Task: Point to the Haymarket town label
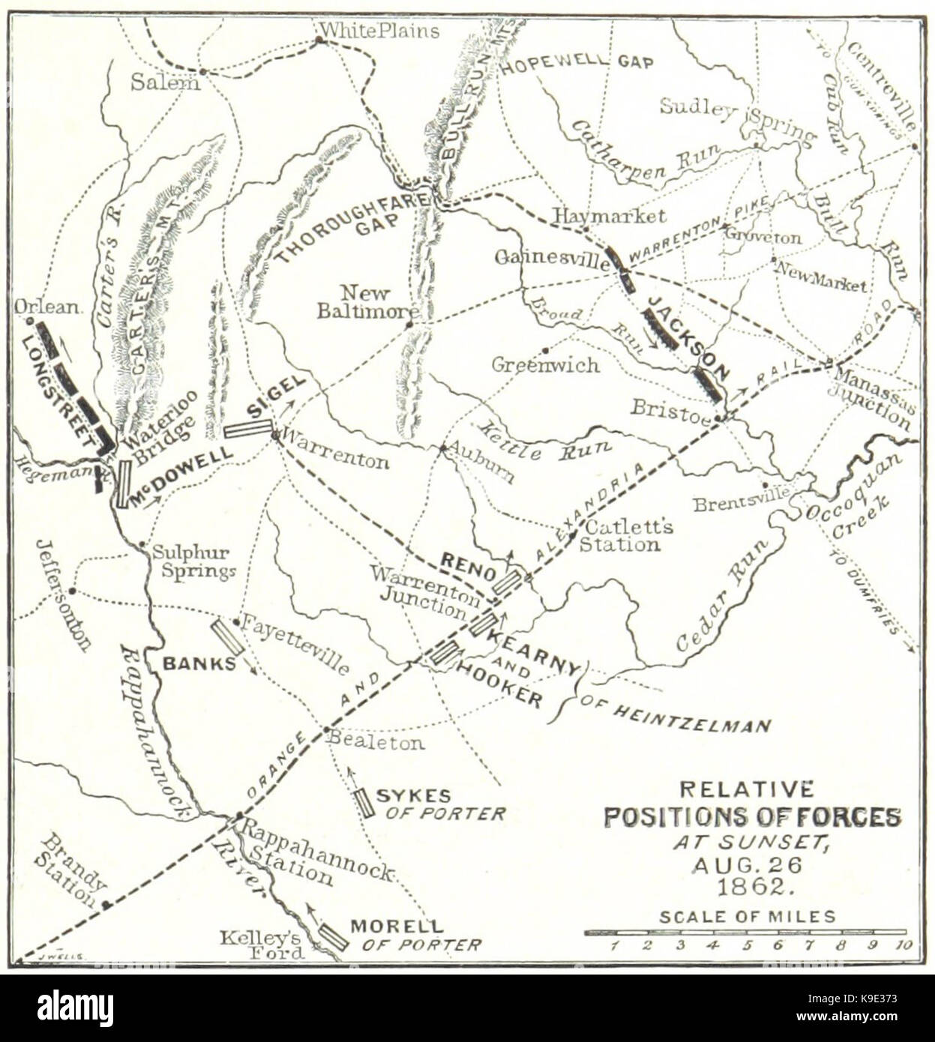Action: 609,216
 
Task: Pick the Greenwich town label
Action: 545,365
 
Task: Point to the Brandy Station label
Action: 72,871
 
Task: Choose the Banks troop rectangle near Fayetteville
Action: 226,638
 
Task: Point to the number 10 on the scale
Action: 903,945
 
